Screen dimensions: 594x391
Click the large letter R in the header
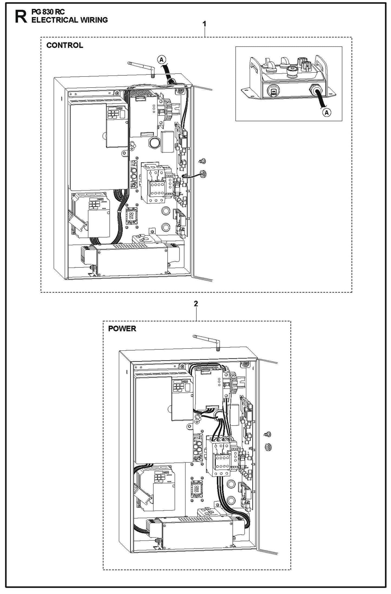coord(21,17)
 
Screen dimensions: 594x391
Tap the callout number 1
coord(205,24)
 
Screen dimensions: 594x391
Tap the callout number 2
coord(196,304)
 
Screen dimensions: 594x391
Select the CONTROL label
coord(65,45)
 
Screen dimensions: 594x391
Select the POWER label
coord(122,329)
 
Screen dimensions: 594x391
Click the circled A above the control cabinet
coord(162,59)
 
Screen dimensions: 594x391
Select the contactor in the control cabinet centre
coord(153,183)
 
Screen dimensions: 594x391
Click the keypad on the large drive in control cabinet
coord(113,113)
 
